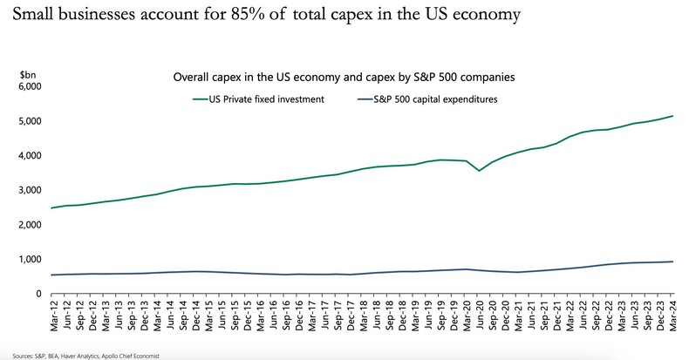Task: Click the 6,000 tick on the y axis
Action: (29, 86)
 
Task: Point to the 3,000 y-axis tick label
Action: (29, 190)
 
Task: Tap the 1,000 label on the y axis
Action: (29, 259)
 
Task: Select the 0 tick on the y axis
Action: (38, 294)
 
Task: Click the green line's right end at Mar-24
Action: (673, 116)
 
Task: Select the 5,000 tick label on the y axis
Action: (29, 121)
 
